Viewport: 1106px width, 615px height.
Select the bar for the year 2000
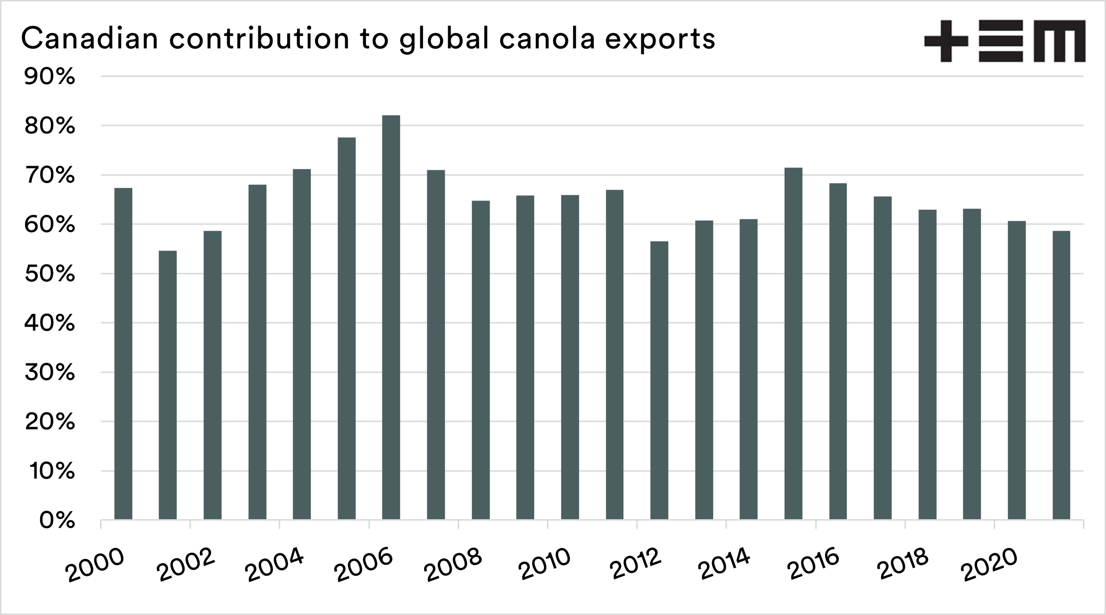coord(123,354)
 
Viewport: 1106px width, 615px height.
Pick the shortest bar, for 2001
coord(168,385)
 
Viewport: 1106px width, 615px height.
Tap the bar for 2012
coord(659,380)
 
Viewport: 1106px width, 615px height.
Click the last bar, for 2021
coord(1061,375)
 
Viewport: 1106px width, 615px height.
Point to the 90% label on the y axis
coord(50,77)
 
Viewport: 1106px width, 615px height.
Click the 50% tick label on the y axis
coord(50,274)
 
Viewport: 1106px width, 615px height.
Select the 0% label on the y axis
coord(57,521)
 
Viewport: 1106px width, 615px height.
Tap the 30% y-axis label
coord(50,373)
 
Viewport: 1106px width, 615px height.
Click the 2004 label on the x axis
coord(275,565)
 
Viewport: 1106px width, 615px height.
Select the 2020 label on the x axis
coord(991,564)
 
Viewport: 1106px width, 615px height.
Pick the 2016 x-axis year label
coord(813,564)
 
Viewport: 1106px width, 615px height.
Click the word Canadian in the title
coord(89,39)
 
